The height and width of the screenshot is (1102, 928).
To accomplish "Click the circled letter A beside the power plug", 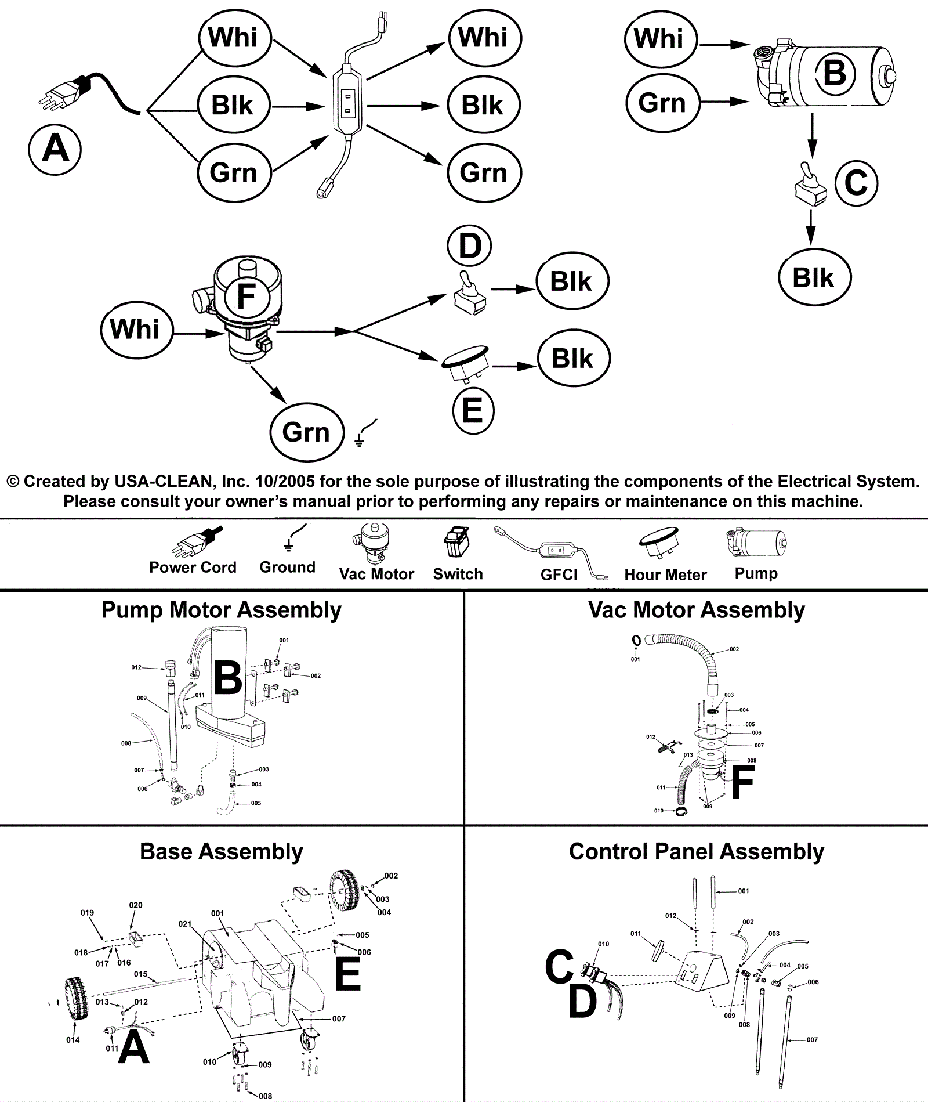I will point(55,149).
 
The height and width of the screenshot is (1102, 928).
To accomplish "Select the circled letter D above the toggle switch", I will point(469,245).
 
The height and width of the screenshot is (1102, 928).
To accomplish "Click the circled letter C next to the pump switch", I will point(856,183).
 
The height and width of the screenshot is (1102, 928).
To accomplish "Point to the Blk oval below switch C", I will point(814,277).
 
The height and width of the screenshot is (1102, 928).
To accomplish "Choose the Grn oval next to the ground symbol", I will point(306,432).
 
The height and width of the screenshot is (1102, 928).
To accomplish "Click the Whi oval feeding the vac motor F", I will point(135,329).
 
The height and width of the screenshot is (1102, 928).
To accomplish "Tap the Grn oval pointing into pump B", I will point(662,103).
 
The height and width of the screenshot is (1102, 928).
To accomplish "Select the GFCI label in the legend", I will point(559,575).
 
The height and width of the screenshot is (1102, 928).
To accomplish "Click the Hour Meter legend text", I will point(665,575).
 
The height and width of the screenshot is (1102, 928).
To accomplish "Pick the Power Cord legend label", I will point(193,567).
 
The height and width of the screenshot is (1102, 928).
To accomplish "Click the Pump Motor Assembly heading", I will point(221,610).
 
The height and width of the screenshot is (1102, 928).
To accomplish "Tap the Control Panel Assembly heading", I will point(696,851).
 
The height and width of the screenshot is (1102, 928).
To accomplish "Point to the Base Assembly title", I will point(221,851).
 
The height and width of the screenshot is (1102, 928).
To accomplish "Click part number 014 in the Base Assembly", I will point(72,1040).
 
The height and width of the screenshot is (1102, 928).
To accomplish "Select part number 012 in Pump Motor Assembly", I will point(136,667).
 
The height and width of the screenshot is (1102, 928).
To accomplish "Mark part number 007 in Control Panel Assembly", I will point(812,1039).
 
